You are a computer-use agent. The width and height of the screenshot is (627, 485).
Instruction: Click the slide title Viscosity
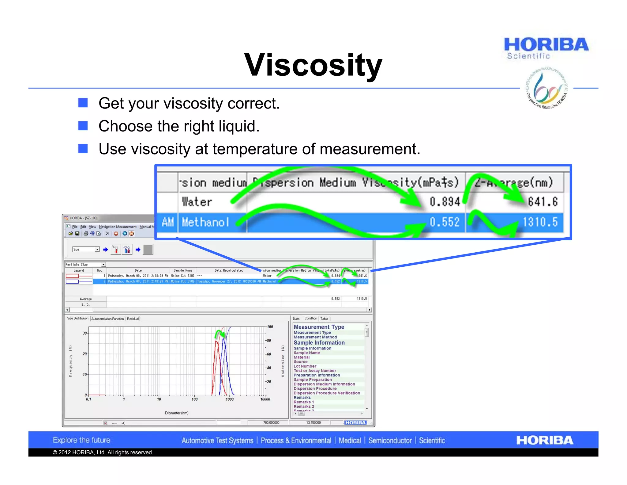313,65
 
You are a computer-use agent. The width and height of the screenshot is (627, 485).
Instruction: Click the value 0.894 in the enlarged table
445,202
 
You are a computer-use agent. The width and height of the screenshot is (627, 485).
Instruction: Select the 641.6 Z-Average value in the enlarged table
543,202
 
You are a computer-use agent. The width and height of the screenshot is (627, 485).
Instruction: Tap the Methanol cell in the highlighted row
205,222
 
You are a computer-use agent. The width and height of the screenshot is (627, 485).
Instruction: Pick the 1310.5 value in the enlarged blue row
540,222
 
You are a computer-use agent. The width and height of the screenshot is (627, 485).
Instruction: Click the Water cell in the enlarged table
197,202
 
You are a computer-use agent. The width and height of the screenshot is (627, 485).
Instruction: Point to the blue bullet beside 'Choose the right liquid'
83,126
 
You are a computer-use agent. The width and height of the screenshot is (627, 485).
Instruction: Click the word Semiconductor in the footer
390,441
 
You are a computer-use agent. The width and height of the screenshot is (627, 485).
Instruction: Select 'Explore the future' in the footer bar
81,440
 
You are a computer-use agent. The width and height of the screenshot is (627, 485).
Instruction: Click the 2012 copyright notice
103,453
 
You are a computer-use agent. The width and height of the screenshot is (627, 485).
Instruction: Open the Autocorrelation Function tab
107,319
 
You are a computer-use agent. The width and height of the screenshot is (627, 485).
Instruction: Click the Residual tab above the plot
133,319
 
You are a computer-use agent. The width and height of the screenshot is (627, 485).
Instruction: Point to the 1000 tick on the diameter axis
230,399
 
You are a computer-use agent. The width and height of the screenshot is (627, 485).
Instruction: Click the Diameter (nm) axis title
177,413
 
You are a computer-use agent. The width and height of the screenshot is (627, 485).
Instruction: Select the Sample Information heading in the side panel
319,343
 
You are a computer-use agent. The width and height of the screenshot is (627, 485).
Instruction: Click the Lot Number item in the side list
305,366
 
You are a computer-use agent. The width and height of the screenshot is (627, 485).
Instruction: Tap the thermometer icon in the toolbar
116,250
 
